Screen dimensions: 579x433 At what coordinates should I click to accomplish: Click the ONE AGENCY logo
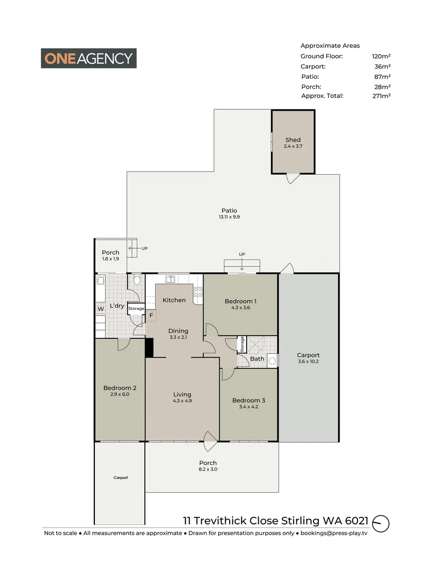coord(89,58)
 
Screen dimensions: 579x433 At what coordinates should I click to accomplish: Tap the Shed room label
coord(293,140)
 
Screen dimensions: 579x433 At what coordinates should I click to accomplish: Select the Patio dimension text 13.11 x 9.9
coord(229,217)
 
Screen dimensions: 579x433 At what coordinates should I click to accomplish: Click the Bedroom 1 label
coord(240,301)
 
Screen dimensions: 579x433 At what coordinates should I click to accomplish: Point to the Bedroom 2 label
coord(120,388)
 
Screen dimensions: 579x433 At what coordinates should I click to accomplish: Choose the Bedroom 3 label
coord(248,400)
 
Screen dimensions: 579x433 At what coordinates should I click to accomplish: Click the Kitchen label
coord(174,300)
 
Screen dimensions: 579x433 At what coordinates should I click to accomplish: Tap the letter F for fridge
coord(152,315)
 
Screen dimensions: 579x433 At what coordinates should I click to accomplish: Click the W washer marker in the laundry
coord(100,309)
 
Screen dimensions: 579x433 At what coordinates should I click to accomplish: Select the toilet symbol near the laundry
coord(137,280)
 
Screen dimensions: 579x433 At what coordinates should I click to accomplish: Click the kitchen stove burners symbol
coord(197,292)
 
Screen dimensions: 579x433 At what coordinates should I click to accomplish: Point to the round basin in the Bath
coord(272,361)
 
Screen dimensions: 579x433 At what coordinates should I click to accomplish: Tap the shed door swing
coord(292,179)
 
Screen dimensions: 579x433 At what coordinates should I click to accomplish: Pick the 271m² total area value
coord(381,96)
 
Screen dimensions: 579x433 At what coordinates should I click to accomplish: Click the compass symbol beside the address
coord(381,523)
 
